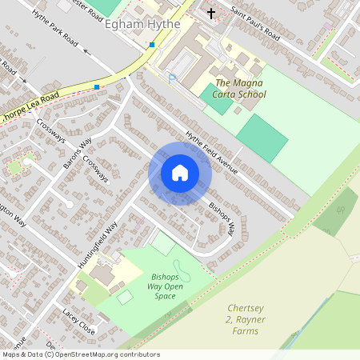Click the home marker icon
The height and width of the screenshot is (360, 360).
(179, 173)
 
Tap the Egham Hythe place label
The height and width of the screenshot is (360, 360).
(142, 25)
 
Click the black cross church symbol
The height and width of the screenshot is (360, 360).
(211, 14)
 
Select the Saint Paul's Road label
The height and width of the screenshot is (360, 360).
(254, 23)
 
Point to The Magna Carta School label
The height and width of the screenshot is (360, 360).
(241, 88)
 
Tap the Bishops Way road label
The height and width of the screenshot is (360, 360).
(222, 217)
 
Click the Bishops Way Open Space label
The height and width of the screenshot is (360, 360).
(168, 286)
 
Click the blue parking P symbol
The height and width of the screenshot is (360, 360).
(171, 77)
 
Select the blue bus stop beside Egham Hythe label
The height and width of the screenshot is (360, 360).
(151, 45)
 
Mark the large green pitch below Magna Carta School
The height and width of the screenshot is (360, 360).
(262, 138)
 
